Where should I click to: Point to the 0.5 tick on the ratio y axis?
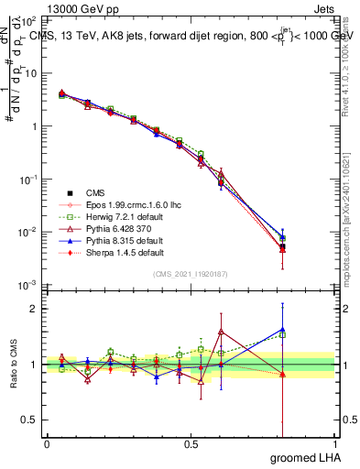coord(29,420)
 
